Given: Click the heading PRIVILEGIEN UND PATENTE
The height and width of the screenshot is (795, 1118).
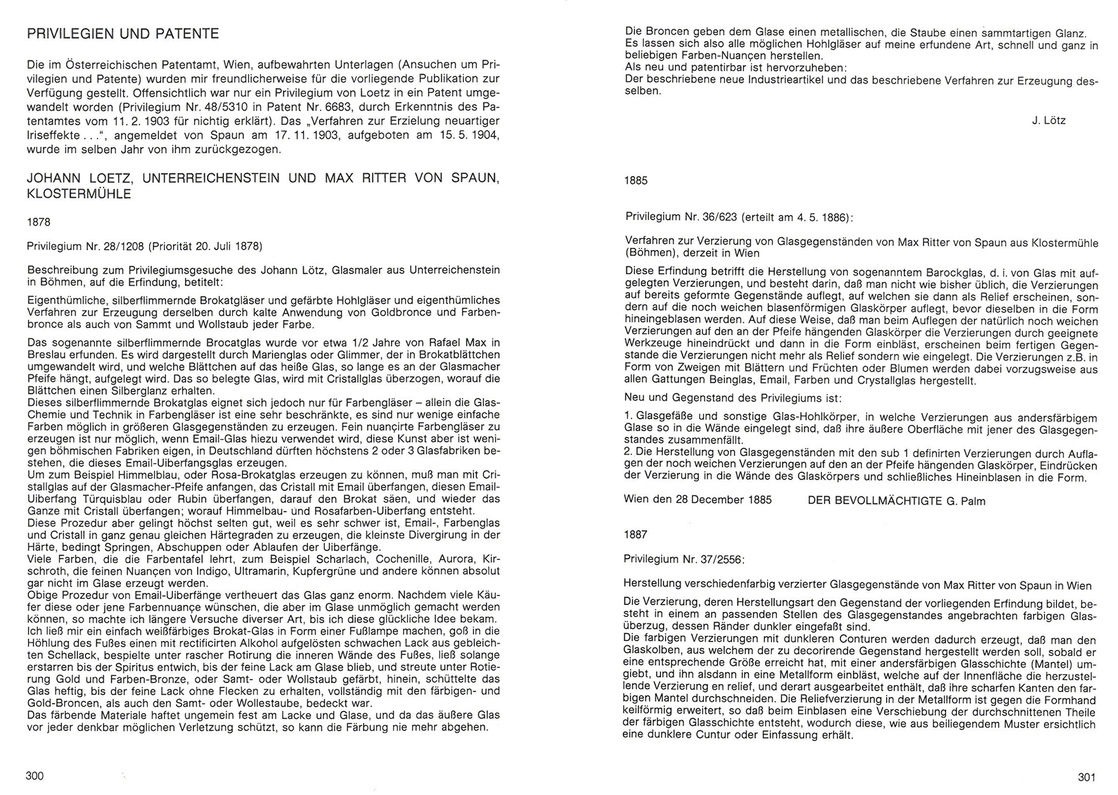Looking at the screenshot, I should (123, 34).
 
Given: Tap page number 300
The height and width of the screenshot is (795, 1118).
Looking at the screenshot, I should (35, 776).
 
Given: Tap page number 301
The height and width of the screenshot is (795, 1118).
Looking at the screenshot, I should (1086, 777).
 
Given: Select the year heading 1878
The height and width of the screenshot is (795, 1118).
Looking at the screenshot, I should (38, 222).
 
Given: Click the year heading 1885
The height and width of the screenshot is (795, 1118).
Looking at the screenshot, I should (636, 181).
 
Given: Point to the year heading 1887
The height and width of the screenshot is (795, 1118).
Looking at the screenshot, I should (636, 535).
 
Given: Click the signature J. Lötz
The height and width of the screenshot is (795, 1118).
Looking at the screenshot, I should (1048, 121).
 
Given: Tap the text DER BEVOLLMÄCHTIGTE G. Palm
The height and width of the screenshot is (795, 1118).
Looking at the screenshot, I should (896, 501).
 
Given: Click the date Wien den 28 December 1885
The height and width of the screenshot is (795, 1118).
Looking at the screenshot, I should (698, 500).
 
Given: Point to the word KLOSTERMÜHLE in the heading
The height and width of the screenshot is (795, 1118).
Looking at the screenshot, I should (79, 194).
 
